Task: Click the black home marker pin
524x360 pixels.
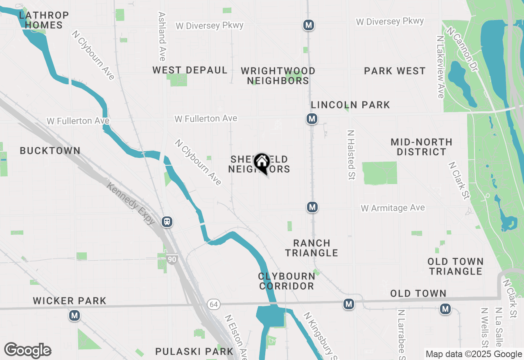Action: [262, 163]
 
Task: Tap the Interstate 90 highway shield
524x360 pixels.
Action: [172, 259]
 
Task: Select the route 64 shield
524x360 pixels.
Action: [213, 304]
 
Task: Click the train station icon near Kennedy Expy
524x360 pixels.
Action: [167, 222]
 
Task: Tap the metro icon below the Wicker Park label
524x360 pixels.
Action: [74, 316]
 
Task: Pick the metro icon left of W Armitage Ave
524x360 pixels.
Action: [312, 207]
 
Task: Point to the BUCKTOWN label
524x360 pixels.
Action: [50, 151]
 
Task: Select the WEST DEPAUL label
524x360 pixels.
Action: [190, 70]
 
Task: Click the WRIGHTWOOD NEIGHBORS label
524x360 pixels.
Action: [278, 76]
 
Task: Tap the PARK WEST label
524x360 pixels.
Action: [395, 71]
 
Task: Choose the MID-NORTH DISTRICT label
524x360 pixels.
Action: [421, 147]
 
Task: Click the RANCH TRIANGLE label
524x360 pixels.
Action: [312, 248]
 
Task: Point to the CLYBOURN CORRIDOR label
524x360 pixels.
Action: [287, 281]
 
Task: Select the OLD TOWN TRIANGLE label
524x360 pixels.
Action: [456, 266]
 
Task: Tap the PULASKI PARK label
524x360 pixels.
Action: [194, 351]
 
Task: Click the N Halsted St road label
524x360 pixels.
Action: [351, 155]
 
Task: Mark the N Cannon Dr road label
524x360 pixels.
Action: [462, 49]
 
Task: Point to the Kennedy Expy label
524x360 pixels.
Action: [131, 204]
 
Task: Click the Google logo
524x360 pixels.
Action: [27, 350]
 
